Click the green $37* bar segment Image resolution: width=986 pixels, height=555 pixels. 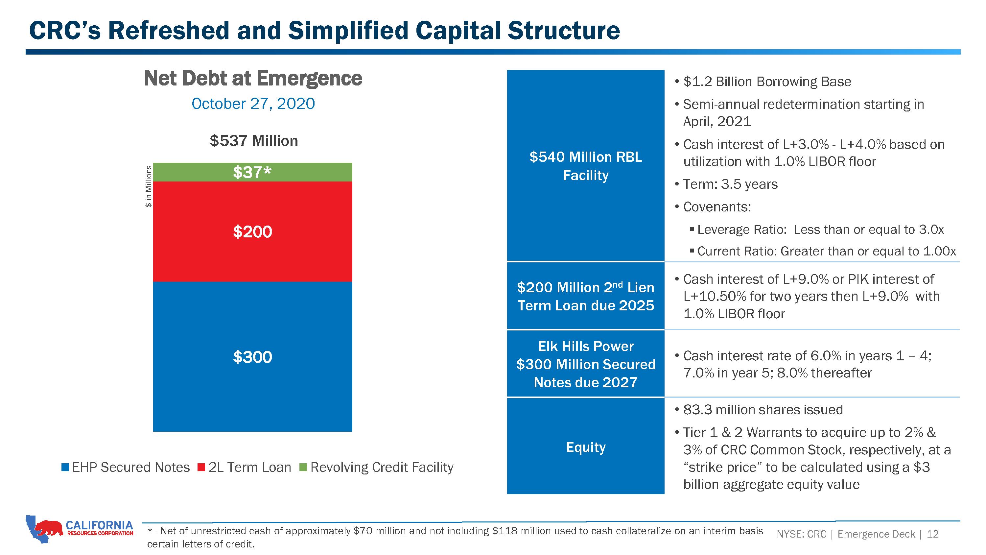(253, 172)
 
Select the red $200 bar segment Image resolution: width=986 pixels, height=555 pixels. (253, 232)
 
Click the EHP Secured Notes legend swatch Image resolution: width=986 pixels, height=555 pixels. (65, 467)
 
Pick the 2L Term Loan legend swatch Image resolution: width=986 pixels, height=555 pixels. (201, 467)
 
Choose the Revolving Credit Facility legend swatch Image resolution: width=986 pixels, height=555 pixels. (303, 467)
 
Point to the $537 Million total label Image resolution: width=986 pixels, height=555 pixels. (254, 141)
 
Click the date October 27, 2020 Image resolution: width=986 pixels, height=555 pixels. (253, 104)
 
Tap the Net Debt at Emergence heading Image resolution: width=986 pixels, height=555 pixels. (253, 79)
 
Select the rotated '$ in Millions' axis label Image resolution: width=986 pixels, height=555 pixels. (149, 186)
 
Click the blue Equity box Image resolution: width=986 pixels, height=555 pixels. (586, 446)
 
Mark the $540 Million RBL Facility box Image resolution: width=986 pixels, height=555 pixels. (586, 165)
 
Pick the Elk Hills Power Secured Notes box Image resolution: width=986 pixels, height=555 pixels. (586, 364)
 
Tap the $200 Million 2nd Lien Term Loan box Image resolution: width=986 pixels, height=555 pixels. (586, 296)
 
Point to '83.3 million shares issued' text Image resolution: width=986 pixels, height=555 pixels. (763, 410)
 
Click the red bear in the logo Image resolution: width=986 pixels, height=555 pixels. (48, 527)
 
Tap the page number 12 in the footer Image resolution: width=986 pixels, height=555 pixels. (933, 534)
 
